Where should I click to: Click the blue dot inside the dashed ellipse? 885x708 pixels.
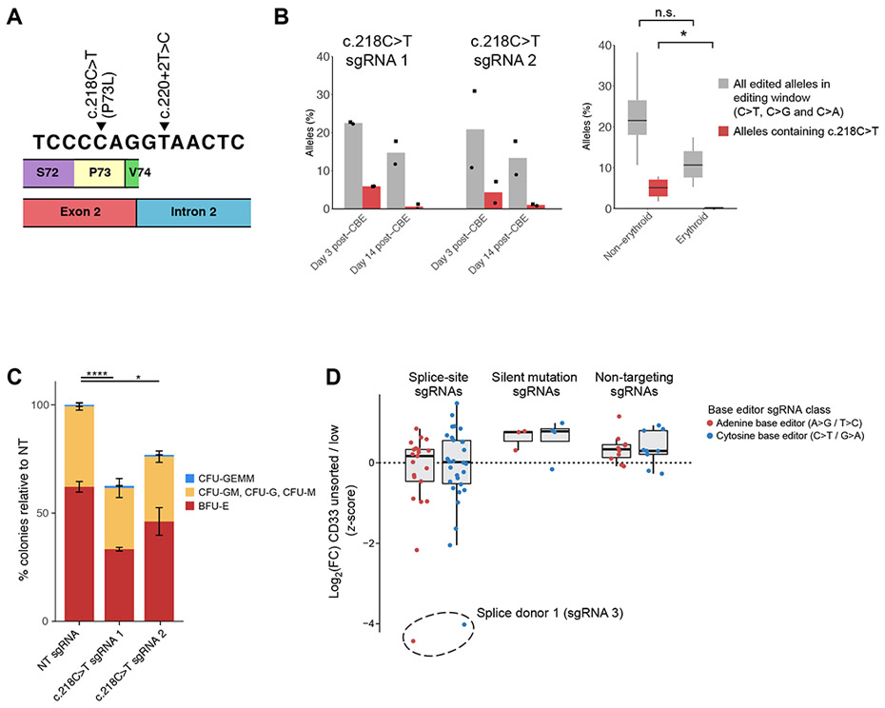(464, 624)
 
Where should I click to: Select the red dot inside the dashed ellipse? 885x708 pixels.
(414, 641)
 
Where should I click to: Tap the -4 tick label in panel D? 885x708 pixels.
(372, 624)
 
